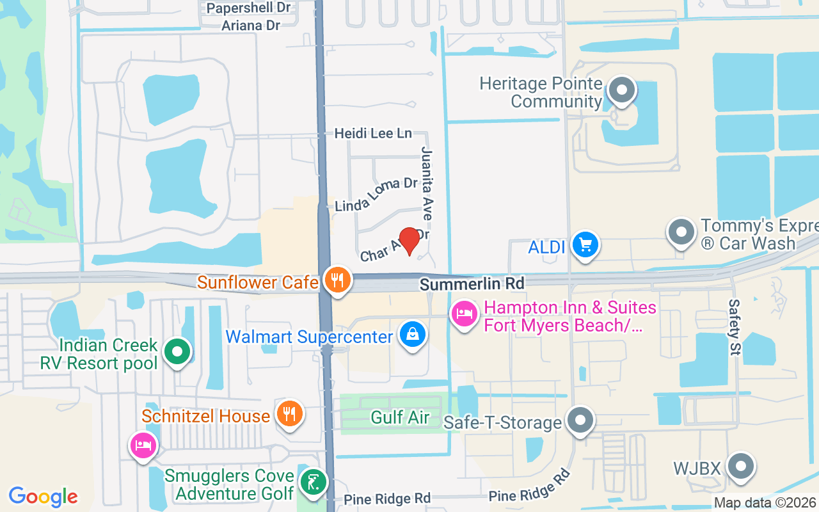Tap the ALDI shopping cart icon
[585, 245]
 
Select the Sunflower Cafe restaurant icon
[337, 280]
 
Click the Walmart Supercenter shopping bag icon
[413, 334]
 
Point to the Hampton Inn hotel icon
[464, 314]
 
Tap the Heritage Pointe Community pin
[621, 91]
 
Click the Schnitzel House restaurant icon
[289, 413]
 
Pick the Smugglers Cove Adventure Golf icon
[313, 483]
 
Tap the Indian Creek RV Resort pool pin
[177, 352]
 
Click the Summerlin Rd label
[472, 283]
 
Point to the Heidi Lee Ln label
[374, 133]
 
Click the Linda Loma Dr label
[376, 194]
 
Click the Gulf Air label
[400, 417]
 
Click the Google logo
[44, 496]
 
